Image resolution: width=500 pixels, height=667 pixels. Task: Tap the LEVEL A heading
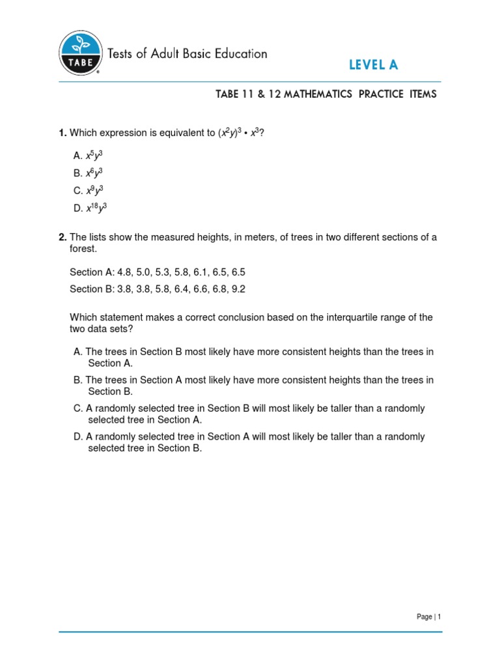373,64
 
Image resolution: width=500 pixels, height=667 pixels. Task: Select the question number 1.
62,134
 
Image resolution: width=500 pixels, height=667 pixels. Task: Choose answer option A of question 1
89,156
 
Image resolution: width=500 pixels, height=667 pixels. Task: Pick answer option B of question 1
89,173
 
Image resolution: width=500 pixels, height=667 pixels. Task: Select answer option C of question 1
89,191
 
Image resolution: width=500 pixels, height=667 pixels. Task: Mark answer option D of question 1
90,208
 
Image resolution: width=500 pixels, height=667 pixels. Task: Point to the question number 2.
62,237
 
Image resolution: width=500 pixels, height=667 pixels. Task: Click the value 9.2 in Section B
238,289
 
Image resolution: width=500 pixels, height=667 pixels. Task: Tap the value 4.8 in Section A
124,272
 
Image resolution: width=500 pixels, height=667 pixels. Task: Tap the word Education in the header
236,53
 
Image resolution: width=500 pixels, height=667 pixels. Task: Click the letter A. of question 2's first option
78,352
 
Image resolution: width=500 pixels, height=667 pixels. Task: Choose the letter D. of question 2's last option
78,436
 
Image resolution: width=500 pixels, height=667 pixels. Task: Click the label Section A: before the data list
91,272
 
